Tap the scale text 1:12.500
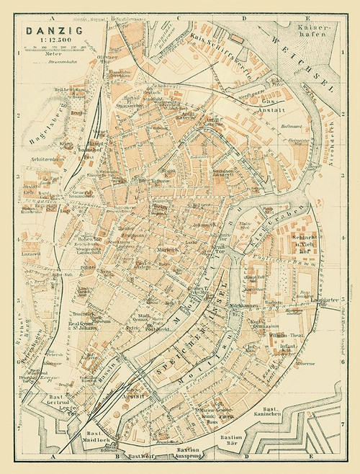[45, 40]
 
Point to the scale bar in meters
[55, 49]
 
